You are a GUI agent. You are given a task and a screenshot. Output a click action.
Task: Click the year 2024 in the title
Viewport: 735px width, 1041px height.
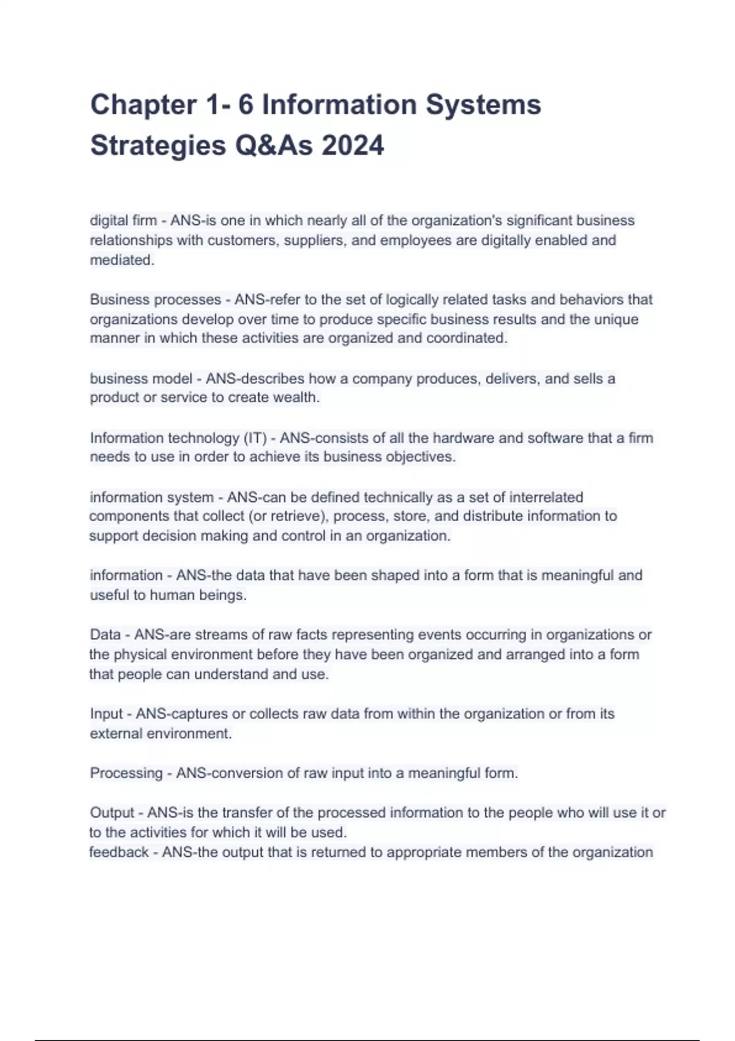point(353,146)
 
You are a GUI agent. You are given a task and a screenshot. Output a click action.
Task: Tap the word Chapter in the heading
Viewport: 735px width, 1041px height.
point(143,105)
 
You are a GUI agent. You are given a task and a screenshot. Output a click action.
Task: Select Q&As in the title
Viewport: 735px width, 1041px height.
point(274,146)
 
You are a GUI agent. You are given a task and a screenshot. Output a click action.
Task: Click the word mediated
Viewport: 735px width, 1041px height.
point(122,260)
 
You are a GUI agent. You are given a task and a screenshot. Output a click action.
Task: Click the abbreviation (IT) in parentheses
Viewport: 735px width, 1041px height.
point(255,438)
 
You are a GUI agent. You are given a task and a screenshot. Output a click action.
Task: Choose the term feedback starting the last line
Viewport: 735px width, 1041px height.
point(119,852)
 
